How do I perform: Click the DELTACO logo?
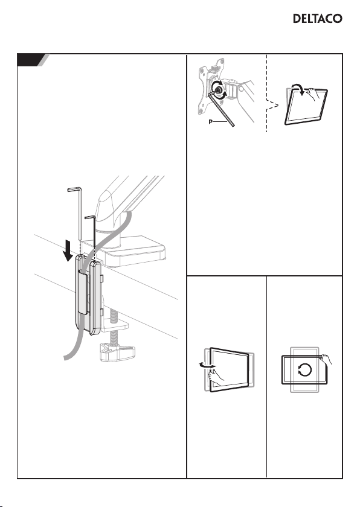click(317, 19)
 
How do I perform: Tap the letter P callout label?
click(211, 122)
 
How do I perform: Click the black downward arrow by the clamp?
click(68, 250)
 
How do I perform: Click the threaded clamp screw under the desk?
click(113, 327)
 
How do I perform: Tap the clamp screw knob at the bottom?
click(117, 352)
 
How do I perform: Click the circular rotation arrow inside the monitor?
click(305, 370)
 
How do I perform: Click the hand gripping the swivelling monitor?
click(216, 376)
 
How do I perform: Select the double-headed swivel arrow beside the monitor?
click(207, 365)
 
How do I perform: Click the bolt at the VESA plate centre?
click(217, 90)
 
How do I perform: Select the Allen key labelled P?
click(222, 109)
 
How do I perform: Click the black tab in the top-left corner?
click(31, 60)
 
